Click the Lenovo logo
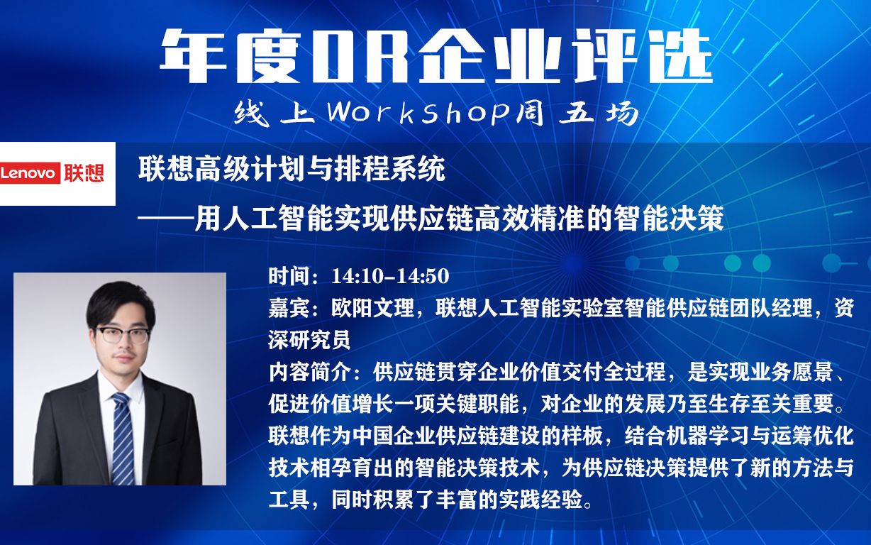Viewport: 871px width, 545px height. pyautogui.click(x=57, y=174)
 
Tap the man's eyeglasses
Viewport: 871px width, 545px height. pyautogui.click(x=121, y=335)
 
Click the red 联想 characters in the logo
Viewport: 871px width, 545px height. pyautogui.click(x=84, y=174)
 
